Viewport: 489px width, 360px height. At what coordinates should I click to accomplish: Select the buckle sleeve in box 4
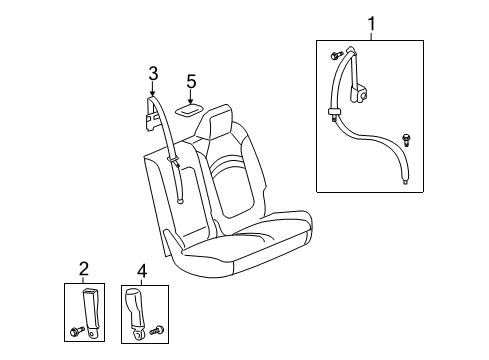pyautogui.click(x=138, y=304)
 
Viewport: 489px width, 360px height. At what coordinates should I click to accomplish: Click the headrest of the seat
pyautogui.click(x=219, y=127)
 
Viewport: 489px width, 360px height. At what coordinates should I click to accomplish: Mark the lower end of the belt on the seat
pyautogui.click(x=180, y=199)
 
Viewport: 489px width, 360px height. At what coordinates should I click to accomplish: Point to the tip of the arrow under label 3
pyautogui.click(x=153, y=95)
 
